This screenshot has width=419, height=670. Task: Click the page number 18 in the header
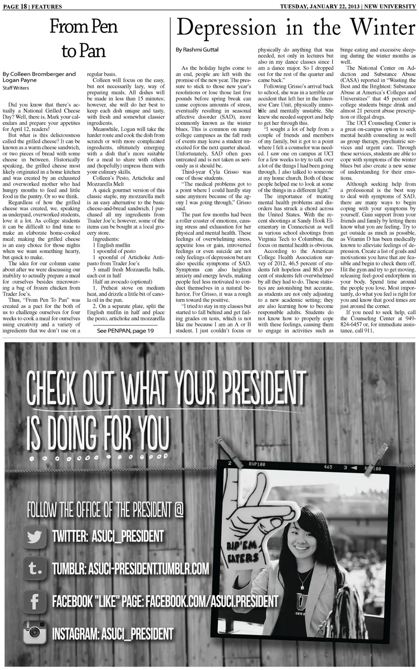click(x=25, y=7)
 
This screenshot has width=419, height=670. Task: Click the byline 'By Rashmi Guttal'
click(x=197, y=50)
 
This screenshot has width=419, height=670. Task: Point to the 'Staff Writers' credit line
click(x=16, y=88)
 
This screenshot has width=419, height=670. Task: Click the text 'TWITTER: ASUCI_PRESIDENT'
click(x=108, y=536)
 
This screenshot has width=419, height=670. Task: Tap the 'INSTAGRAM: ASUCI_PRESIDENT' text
click(x=113, y=634)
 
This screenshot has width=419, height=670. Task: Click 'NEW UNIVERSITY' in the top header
click(x=390, y=6)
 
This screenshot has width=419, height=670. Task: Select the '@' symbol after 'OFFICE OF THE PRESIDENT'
click(x=179, y=509)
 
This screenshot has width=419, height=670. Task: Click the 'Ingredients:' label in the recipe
click(x=105, y=239)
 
